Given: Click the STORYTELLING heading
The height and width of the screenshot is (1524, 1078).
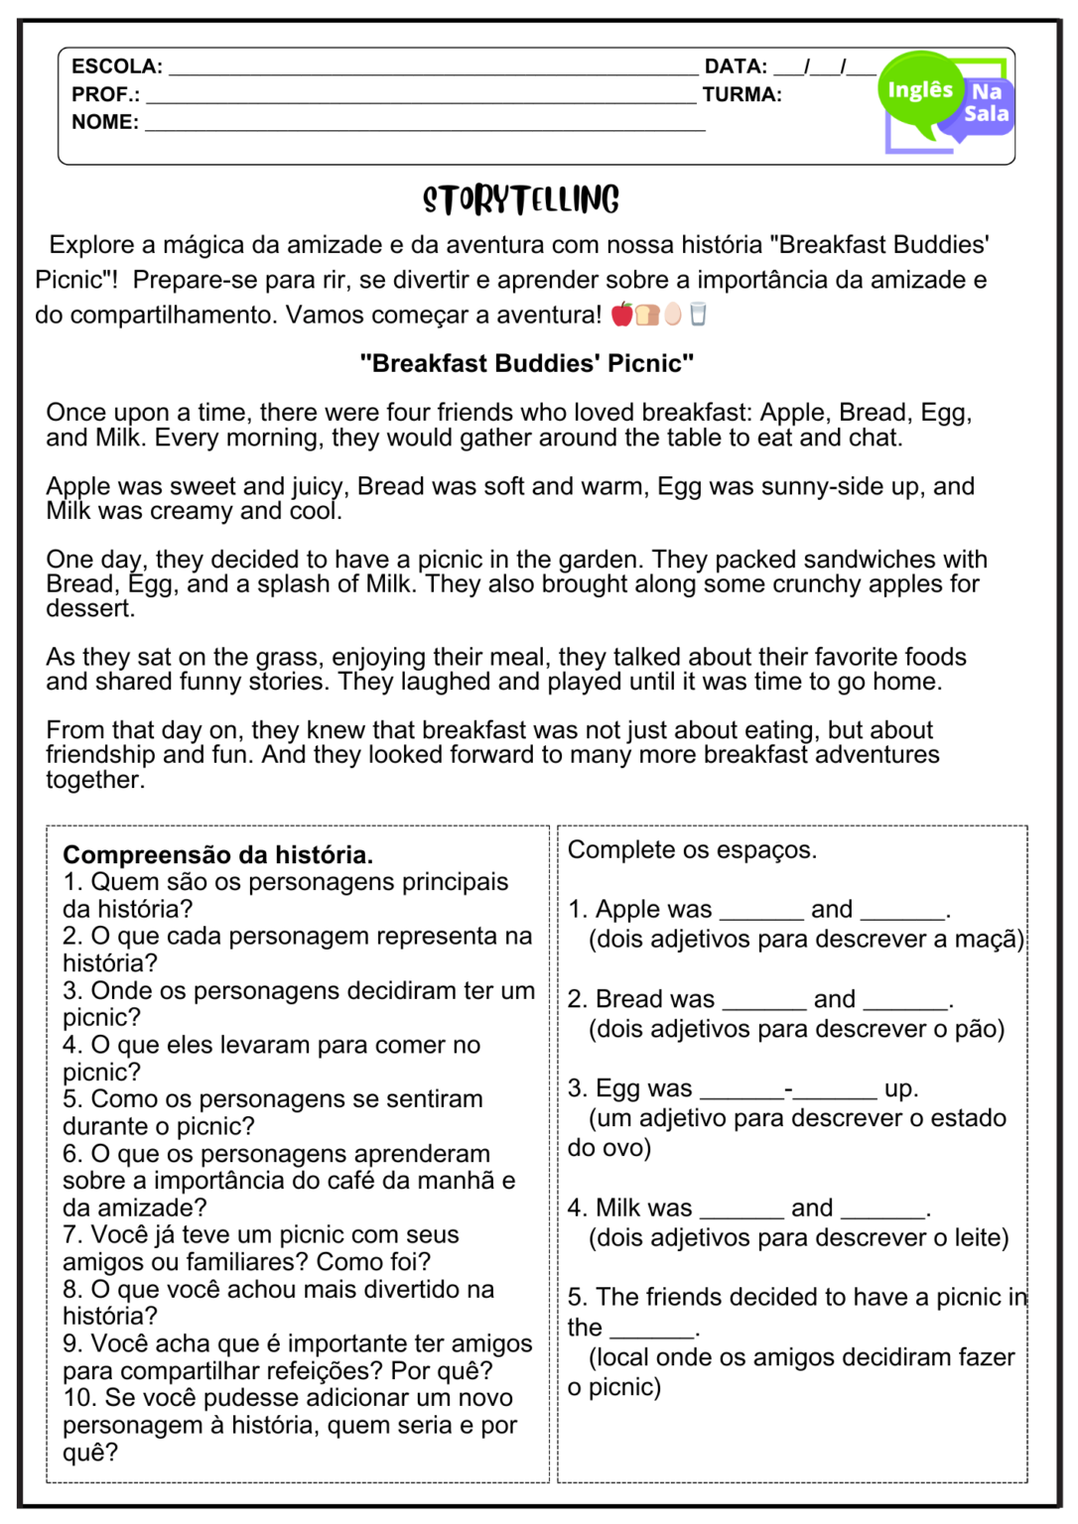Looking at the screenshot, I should coord(521,199).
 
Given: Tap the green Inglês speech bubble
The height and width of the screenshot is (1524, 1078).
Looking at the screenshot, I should coord(918,92).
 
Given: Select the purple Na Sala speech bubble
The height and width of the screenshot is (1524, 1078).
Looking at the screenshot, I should coord(986,103).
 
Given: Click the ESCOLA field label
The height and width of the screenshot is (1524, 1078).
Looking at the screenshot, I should coord(116,66).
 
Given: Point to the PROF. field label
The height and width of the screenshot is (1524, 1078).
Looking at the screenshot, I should coord(105,94).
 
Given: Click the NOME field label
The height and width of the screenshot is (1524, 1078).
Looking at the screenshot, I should coord(104,122).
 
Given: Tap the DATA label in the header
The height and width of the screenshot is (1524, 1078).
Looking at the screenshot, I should coord(735,66).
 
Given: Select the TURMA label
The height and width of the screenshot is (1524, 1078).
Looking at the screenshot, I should coord(741,94).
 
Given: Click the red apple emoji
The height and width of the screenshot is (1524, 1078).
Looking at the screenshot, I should coord(622,315).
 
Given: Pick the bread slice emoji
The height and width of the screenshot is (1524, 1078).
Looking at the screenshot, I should coord(647,315).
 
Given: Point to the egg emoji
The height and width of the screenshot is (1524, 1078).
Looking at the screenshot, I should coord(673,315).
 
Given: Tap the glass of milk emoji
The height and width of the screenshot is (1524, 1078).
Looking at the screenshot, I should coord(698,315).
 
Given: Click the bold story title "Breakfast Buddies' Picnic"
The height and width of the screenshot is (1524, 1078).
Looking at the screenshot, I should coord(526,363).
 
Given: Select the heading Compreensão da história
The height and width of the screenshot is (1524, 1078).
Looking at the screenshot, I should coord(217,854).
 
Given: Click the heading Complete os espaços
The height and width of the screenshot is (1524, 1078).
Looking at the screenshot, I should coord(692,849).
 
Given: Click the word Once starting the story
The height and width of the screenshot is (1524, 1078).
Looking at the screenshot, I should coord(75,412).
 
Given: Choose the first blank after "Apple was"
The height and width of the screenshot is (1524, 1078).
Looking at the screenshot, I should coord(760,911).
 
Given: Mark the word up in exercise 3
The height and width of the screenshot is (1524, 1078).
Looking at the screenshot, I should coord(899,1088).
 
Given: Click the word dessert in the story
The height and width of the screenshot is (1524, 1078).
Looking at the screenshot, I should coord(88,608).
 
